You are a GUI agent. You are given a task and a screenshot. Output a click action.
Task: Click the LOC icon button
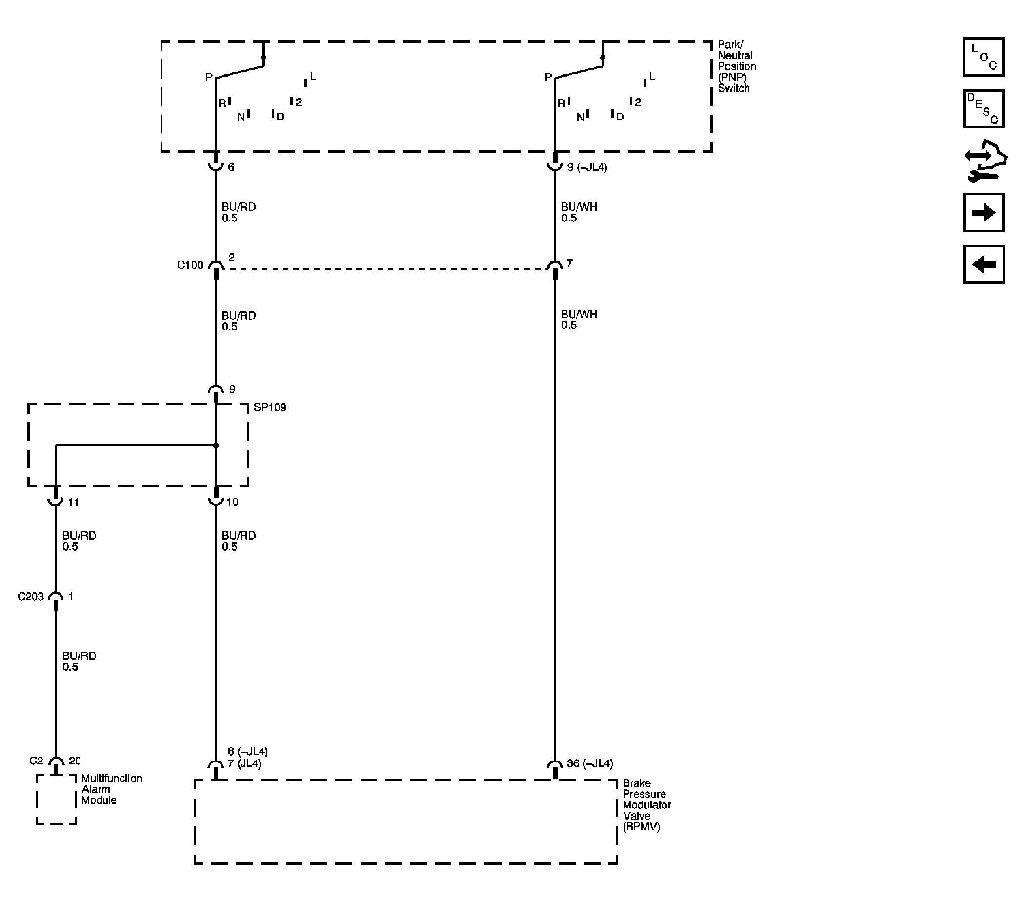(983, 56)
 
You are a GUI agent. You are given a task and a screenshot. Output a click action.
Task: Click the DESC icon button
(983, 108)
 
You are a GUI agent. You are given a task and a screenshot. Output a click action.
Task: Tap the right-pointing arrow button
(983, 212)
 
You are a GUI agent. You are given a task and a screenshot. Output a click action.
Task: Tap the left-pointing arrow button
(983, 264)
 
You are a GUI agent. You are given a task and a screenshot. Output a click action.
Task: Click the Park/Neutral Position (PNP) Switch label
(736, 67)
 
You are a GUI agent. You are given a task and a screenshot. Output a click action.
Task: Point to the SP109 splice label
(270, 407)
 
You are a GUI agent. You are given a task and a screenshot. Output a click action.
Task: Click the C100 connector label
(190, 265)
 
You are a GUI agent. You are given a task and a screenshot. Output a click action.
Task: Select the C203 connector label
(31, 596)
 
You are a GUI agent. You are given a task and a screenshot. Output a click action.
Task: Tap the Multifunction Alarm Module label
(111, 789)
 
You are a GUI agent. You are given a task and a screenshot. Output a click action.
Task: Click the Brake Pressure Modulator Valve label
(646, 804)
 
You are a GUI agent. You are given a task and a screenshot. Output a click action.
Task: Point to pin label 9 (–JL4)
(587, 167)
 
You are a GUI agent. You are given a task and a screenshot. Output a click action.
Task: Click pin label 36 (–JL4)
(590, 763)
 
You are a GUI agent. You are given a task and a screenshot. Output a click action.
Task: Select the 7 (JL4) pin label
(244, 764)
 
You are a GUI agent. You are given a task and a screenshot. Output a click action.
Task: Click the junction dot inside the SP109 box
(216, 445)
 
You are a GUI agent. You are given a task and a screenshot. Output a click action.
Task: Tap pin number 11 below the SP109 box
(73, 502)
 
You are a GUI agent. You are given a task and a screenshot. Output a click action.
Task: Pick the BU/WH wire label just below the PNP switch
(579, 207)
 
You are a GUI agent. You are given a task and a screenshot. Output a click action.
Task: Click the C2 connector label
(36, 761)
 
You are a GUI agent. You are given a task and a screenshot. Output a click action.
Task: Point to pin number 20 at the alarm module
(74, 761)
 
